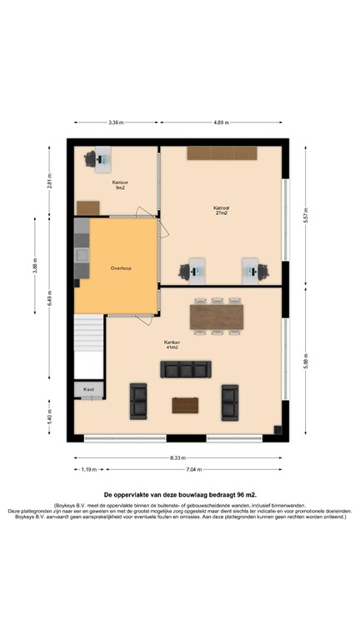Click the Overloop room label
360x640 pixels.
[x=122, y=269]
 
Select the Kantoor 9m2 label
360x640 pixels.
[x=120, y=184]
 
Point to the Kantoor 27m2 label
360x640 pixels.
[x=222, y=210]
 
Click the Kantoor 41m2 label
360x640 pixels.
[x=172, y=344]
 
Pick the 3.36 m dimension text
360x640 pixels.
[x=116, y=122]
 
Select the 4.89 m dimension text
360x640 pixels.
[x=223, y=122]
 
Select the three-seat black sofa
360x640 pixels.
[x=185, y=370]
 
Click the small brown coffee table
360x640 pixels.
[x=185, y=405]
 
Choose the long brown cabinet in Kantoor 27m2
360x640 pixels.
[x=222, y=153]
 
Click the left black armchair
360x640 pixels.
[x=138, y=402]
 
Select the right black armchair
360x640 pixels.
[x=230, y=402]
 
